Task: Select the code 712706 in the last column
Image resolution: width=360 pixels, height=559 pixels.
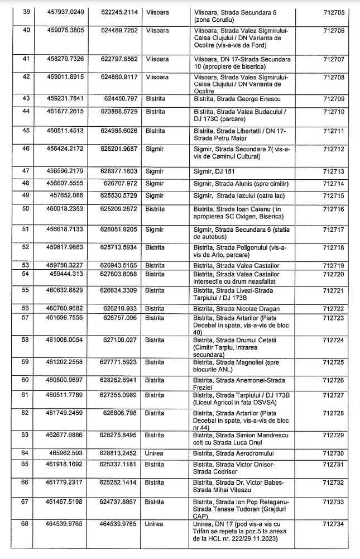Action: [334, 30]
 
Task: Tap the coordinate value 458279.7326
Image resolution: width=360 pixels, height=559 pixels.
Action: [66, 59]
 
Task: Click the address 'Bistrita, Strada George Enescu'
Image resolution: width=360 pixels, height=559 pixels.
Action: [233, 99]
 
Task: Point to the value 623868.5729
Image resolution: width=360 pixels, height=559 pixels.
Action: [118, 112]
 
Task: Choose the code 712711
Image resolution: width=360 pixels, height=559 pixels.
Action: [334, 131]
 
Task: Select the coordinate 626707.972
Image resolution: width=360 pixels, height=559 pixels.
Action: [121, 183]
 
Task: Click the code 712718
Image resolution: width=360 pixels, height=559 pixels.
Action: [334, 247]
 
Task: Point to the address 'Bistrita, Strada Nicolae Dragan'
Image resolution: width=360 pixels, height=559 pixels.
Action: [237, 308]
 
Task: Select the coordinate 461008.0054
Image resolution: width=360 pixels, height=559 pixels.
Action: [66, 339]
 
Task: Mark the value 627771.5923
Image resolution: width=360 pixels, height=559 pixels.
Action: [118, 362]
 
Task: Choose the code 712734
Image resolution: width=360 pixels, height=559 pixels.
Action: [334, 524]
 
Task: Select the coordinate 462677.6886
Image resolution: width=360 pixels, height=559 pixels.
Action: [66, 434]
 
